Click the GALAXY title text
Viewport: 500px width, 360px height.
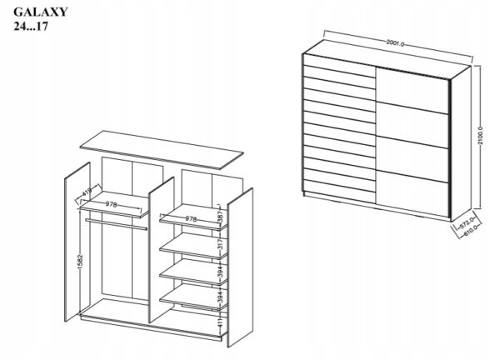tap(41, 12)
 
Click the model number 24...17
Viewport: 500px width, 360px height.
tap(31, 27)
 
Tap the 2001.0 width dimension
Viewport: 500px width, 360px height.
tap(395, 43)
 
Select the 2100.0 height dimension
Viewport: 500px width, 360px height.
tap(481, 136)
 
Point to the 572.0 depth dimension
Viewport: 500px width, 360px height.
tap(466, 223)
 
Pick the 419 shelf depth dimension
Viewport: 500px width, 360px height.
tap(87, 192)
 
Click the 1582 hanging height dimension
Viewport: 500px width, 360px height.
tap(80, 262)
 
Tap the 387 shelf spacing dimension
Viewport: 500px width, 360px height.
tap(220, 217)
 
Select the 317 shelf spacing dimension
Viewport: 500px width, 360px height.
tap(220, 244)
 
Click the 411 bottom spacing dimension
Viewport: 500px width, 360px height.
tap(220, 323)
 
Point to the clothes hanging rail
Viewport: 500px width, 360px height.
tap(116, 224)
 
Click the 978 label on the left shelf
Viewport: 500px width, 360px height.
tap(112, 204)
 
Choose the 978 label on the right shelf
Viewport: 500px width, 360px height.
tap(191, 219)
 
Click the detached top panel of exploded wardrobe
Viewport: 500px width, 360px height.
tap(162, 149)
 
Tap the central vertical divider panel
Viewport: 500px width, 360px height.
tap(162, 250)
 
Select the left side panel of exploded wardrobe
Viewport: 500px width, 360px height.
tap(77, 242)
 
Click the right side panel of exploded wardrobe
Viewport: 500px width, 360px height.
tap(240, 267)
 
